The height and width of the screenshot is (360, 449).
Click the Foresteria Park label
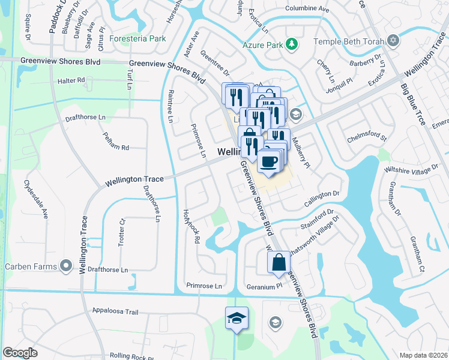click(x=141, y=38)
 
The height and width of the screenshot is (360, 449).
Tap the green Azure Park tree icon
click(x=291, y=44)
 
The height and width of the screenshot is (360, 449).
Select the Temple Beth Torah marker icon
click(x=393, y=40)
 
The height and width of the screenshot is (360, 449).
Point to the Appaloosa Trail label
click(x=116, y=312)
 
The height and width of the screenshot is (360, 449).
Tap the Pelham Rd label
click(x=116, y=142)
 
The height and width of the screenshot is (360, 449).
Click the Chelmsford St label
click(x=367, y=139)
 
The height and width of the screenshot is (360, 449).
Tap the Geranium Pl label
click(x=264, y=286)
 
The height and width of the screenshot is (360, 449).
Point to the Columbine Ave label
click(x=307, y=10)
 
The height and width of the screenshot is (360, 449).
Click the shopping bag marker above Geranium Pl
click(x=278, y=262)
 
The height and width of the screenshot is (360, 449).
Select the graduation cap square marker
click(x=237, y=318)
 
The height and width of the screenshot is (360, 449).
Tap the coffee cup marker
click(x=268, y=160)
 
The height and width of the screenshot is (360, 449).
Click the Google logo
click(x=20, y=353)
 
